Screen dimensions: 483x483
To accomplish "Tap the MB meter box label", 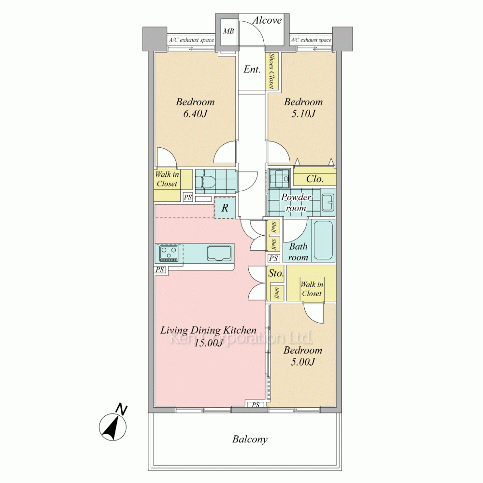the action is tap(228, 31).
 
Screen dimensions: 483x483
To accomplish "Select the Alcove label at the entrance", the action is tap(267, 20).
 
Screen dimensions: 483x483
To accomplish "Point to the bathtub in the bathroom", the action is tap(323, 240).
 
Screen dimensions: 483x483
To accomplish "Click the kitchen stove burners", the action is tap(169, 253).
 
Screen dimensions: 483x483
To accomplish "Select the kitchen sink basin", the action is tap(219, 253).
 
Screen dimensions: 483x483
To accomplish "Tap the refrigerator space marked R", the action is tap(225, 208).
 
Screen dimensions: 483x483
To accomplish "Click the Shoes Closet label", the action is tap(271, 71).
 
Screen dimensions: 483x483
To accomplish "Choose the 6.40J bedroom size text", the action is tap(195, 114).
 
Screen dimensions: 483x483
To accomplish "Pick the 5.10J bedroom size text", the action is tap(303, 114).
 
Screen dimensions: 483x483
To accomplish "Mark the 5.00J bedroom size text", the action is tap(303, 362).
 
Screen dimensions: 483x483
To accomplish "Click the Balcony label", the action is tap(250, 439).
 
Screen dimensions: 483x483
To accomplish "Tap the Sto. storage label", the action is tap(276, 273).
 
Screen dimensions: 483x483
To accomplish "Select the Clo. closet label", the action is tap(314, 179).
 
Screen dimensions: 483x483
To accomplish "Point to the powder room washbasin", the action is tap(328, 202).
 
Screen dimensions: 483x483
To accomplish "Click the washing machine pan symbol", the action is tap(279, 178).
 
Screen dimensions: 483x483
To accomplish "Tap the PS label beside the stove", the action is tap(159, 270).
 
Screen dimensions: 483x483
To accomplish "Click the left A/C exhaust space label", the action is tap(191, 40).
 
